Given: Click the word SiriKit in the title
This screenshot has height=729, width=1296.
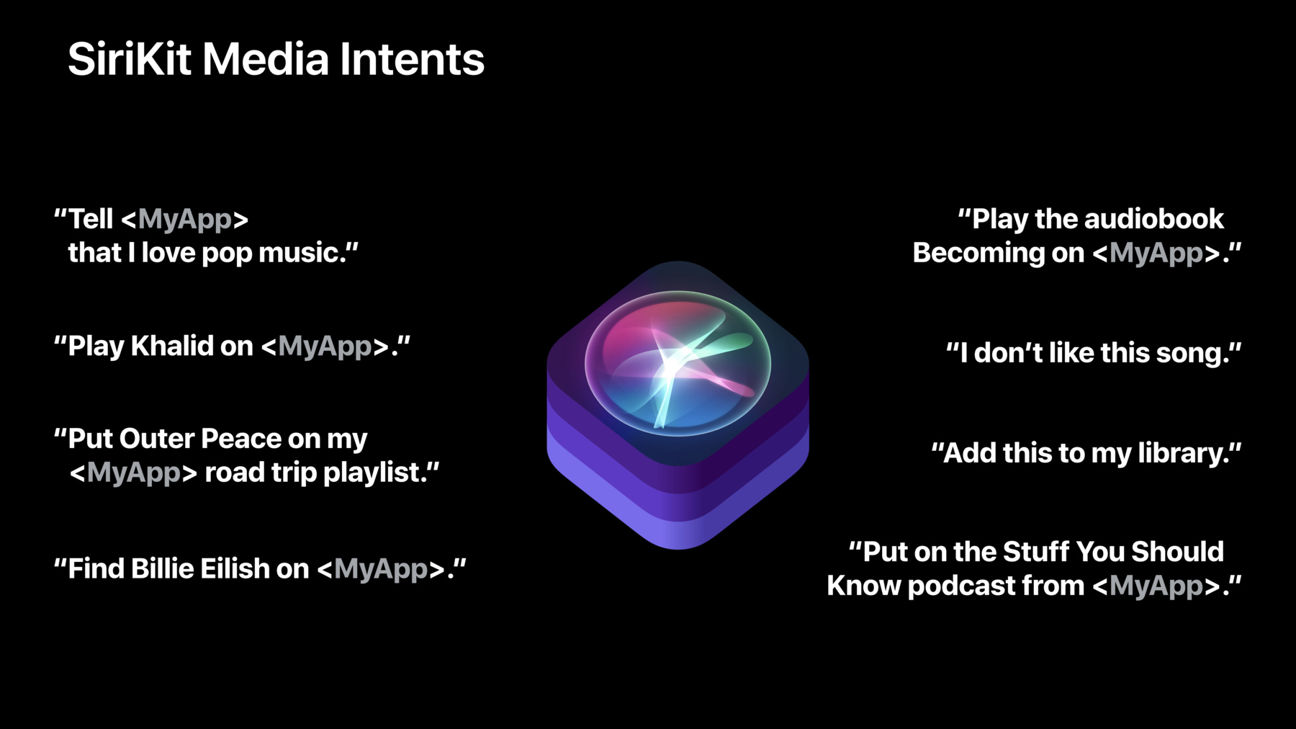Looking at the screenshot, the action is [130, 58].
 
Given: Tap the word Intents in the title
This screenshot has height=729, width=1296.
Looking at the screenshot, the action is [412, 58].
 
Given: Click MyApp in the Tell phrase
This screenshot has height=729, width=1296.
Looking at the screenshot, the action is [185, 219].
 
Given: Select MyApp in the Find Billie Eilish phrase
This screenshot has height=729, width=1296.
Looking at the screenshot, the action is [381, 569].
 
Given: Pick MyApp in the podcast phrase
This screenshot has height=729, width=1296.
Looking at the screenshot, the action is [1156, 586].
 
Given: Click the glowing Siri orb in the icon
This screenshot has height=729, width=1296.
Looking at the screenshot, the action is [678, 363].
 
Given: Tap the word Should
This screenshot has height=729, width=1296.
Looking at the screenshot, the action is [1177, 552].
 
